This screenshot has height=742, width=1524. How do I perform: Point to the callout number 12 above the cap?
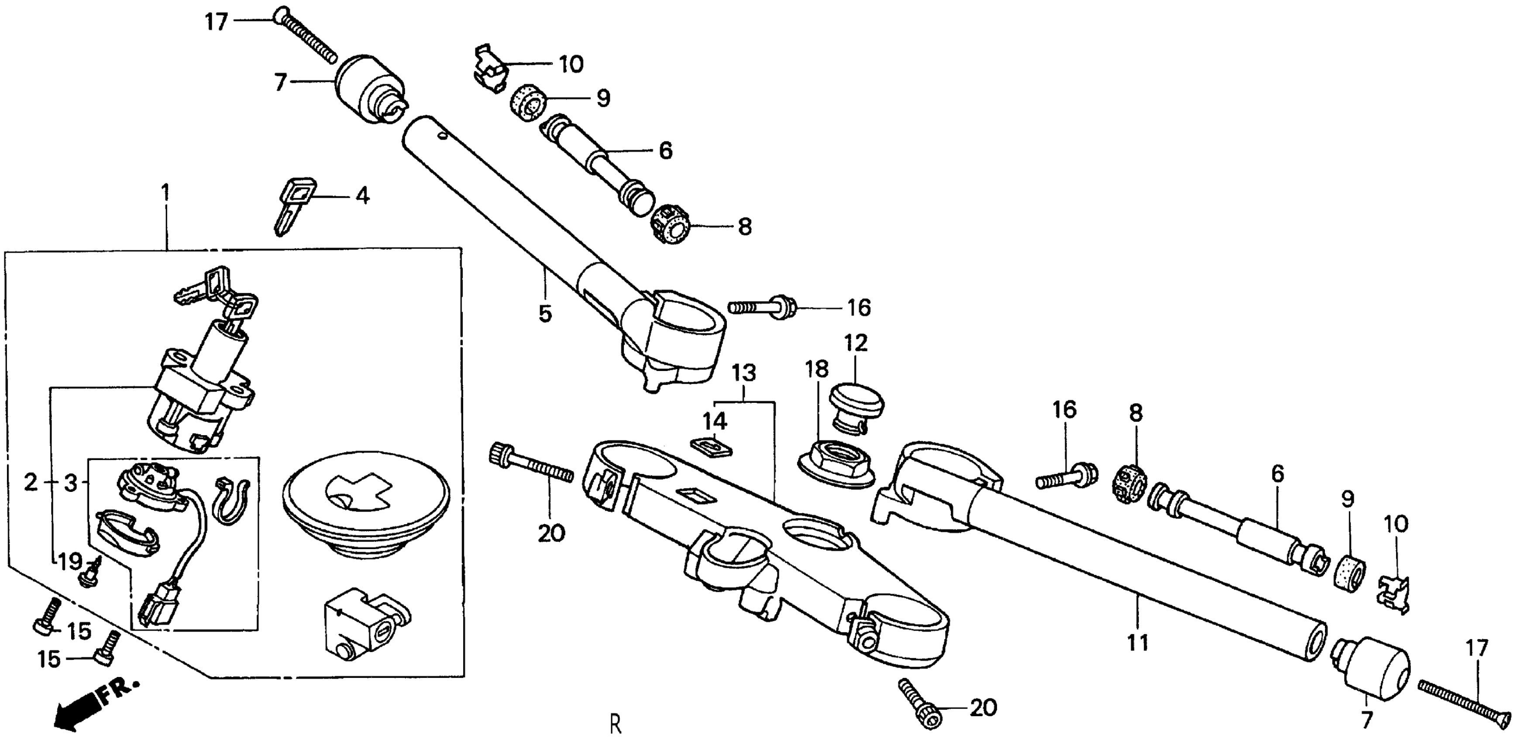(x=856, y=343)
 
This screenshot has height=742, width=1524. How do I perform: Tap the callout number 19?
(x=70, y=561)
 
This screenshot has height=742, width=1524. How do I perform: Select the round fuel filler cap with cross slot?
(x=367, y=515)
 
